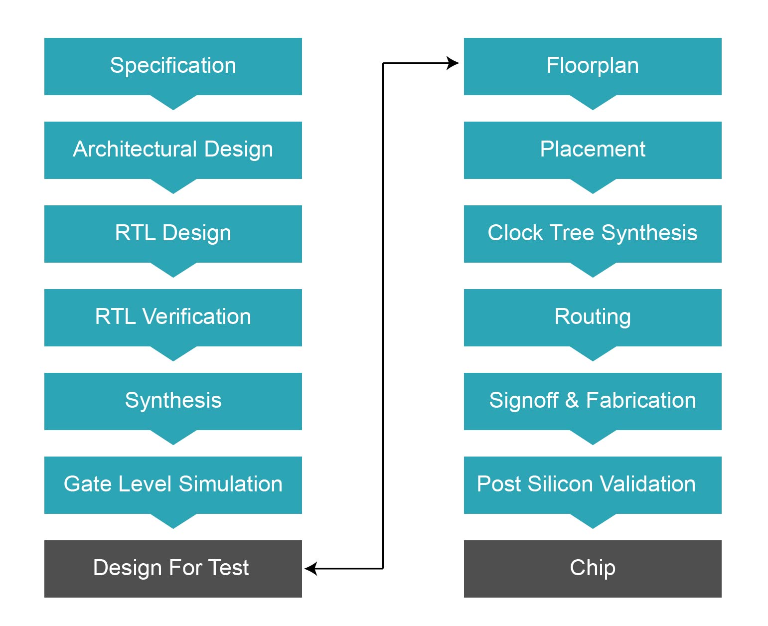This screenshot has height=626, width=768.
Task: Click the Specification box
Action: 173,66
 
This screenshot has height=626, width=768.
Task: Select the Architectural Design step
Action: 173,150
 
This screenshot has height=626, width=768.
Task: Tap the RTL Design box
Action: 173,234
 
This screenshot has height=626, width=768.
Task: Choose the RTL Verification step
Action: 173,317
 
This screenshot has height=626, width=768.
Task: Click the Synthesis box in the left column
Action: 173,401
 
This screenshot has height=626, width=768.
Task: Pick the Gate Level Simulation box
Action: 173,485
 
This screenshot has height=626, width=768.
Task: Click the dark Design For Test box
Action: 173,569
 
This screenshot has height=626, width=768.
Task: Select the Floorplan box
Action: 593,66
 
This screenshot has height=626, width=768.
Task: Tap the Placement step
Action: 593,150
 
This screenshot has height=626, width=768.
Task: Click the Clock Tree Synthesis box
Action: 593,234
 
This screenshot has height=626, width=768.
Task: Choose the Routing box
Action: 593,317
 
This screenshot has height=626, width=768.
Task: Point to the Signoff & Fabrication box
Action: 593,401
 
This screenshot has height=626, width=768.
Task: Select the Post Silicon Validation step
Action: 593,485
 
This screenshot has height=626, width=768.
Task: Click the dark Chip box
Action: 593,569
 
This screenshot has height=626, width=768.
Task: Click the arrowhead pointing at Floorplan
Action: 453,63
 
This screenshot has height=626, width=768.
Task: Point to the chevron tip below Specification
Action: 173,106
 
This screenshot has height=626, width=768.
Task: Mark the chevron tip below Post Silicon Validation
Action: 593,525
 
